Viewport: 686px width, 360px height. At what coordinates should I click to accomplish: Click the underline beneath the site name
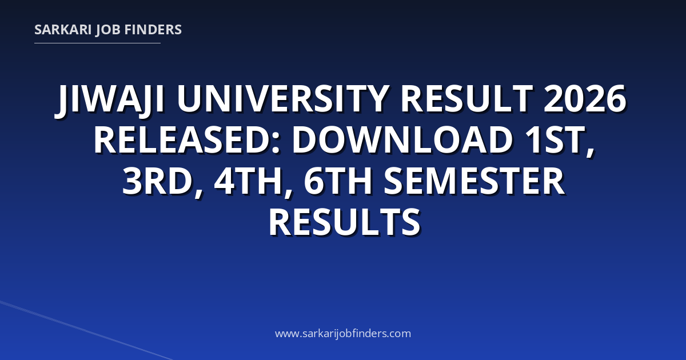click(x=97, y=43)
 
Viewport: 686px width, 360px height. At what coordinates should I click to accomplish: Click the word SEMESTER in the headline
click(x=474, y=181)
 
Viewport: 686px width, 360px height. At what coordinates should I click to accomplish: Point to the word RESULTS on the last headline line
click(x=345, y=222)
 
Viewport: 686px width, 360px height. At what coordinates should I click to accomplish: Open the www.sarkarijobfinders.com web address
click(x=343, y=333)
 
